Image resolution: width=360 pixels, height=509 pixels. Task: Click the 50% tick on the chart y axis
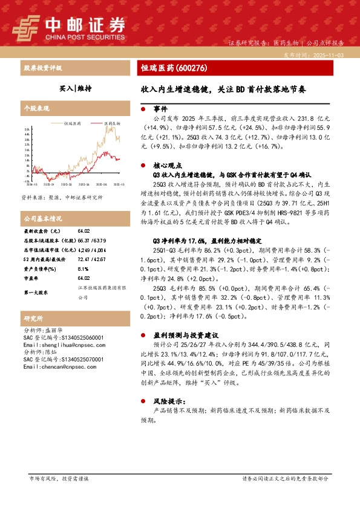click(27, 129)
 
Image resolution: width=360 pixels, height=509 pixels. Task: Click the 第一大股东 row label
click(37, 292)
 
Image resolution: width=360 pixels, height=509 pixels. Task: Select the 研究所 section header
click(33, 319)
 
